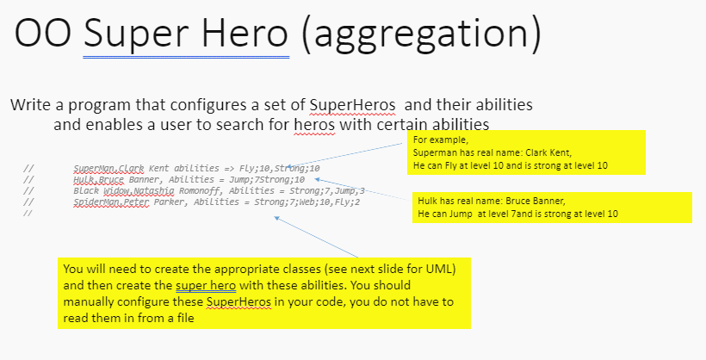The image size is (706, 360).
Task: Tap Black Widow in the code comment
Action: tap(99, 190)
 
